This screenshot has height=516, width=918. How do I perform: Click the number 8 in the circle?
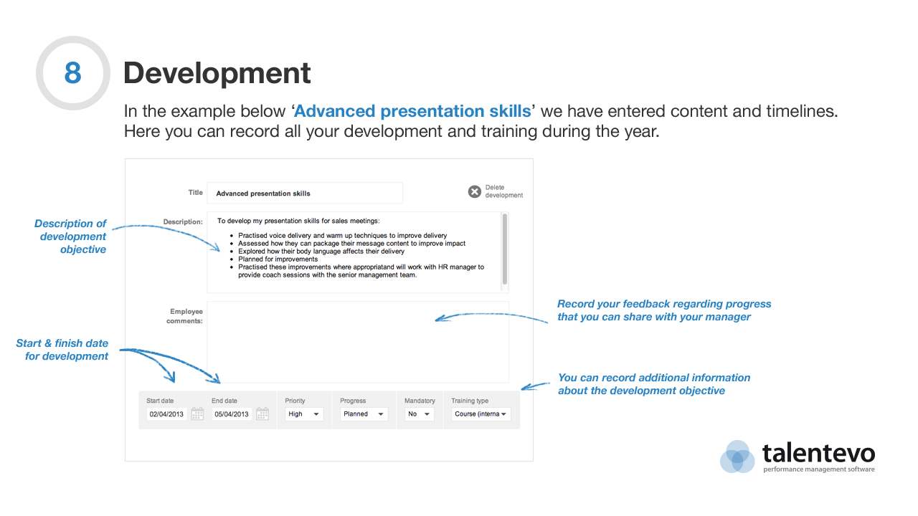pyautogui.click(x=73, y=73)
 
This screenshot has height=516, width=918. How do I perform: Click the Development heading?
pyautogui.click(x=217, y=73)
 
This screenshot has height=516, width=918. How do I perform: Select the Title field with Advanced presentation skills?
pyautogui.click(x=305, y=193)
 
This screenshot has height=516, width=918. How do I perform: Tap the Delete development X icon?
pyautogui.click(x=474, y=191)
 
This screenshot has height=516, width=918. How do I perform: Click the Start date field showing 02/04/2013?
pyautogui.click(x=166, y=414)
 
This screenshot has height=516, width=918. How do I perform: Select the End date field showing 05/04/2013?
pyautogui.click(x=232, y=414)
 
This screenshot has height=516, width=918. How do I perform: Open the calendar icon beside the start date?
pyautogui.click(x=197, y=414)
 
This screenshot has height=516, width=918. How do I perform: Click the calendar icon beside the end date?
pyautogui.click(x=262, y=414)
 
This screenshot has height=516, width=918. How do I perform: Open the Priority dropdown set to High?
pyautogui.click(x=304, y=414)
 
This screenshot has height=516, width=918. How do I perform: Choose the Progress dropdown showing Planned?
pyautogui.click(x=364, y=414)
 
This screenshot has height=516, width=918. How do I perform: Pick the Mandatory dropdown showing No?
pyautogui.click(x=420, y=414)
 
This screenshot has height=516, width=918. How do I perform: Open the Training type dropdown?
pyautogui.click(x=481, y=414)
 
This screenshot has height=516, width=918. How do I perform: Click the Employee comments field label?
pyautogui.click(x=184, y=316)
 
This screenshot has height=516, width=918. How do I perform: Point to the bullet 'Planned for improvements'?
pyautogui.click(x=278, y=259)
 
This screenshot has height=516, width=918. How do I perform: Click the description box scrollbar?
pyautogui.click(x=505, y=249)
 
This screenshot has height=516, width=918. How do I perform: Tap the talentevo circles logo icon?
pyautogui.click(x=737, y=457)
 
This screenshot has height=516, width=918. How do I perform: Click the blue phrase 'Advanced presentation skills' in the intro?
pyautogui.click(x=412, y=111)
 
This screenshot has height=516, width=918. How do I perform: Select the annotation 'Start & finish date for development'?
pyautogui.click(x=62, y=350)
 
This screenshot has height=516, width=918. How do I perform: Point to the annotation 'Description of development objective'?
pyautogui.click(x=70, y=236)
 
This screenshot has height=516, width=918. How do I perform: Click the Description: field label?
pyautogui.click(x=183, y=222)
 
